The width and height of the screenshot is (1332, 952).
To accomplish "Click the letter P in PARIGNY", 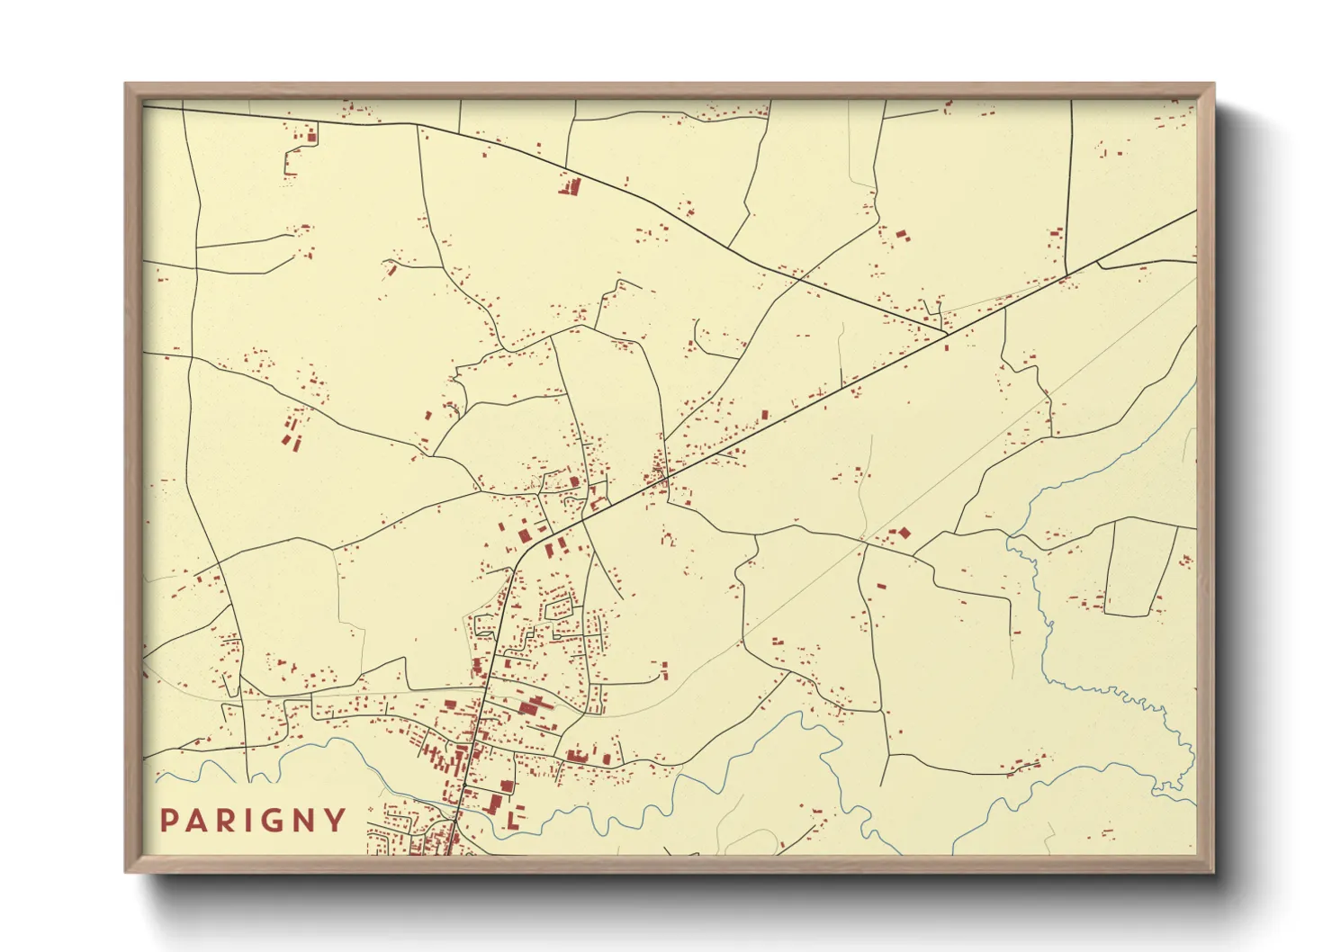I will tap(168, 821).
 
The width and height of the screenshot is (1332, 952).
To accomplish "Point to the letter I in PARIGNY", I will tap(248, 821).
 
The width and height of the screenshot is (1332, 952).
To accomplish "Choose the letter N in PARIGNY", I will tap(304, 821).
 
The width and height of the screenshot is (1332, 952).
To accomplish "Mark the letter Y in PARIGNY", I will tap(336, 821).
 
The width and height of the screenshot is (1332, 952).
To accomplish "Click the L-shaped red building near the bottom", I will tap(513, 820).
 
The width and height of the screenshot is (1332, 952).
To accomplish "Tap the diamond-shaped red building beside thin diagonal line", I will tap(903, 533).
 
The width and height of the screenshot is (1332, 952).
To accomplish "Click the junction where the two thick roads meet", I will tap(947, 333).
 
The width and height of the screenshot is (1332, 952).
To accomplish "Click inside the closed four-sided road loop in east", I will tap(1139, 567).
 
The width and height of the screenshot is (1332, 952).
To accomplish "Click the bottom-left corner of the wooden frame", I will tap(126, 871).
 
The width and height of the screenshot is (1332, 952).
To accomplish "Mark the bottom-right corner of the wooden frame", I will tap(1213, 871).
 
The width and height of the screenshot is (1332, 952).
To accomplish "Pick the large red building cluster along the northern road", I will tap(570, 187).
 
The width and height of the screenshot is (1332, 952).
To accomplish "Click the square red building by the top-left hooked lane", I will tap(311, 138).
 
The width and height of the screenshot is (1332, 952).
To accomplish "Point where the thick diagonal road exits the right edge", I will tap(1195, 212).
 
